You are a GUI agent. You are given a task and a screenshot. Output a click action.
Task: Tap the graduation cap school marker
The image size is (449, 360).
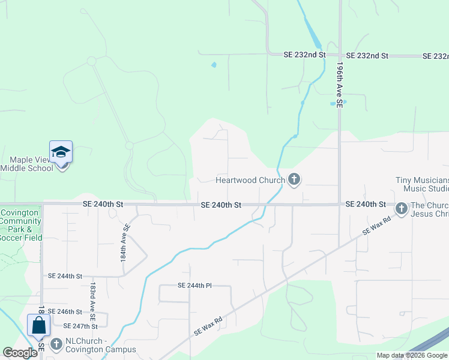[61, 152]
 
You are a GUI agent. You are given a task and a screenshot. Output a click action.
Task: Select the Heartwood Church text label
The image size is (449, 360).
[251, 180]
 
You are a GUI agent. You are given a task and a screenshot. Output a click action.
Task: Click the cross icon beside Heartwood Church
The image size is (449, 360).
[294, 179]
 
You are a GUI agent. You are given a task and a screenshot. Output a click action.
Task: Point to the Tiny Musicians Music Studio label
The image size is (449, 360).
[422, 185]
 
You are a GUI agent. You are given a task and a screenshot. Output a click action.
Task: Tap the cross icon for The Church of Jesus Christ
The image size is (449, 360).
[401, 208]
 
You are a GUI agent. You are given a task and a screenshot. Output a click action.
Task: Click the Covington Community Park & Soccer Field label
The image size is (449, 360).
[20, 225]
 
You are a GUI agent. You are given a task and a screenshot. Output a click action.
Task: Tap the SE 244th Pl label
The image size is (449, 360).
[194, 286]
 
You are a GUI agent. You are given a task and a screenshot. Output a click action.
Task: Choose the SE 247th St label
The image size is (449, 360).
[80, 326]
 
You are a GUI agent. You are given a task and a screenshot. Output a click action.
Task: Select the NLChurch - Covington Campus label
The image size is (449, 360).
[100, 346]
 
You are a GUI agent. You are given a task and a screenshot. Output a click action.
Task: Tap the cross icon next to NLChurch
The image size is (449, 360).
[56, 344]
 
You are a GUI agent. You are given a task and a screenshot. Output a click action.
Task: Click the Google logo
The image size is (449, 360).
[20, 353]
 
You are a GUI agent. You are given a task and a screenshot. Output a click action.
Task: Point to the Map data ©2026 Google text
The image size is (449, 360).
[411, 355]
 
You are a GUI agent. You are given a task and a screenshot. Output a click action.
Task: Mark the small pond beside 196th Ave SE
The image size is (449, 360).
[333, 103]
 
